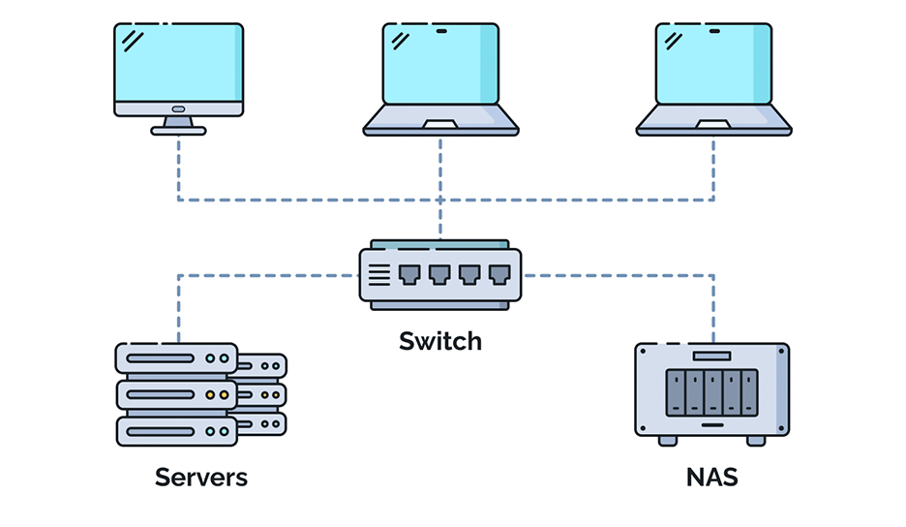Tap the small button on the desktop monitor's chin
[178, 109]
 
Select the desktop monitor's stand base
[178, 130]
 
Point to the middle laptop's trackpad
[440, 124]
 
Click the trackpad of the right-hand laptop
[713, 124]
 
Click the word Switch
[440, 341]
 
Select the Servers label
[201, 478]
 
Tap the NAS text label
[712, 478]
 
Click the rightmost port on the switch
[498, 274]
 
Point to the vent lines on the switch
[379, 275]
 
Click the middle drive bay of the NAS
[712, 393]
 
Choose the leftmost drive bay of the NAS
[675, 393]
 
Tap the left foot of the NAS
[668, 440]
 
